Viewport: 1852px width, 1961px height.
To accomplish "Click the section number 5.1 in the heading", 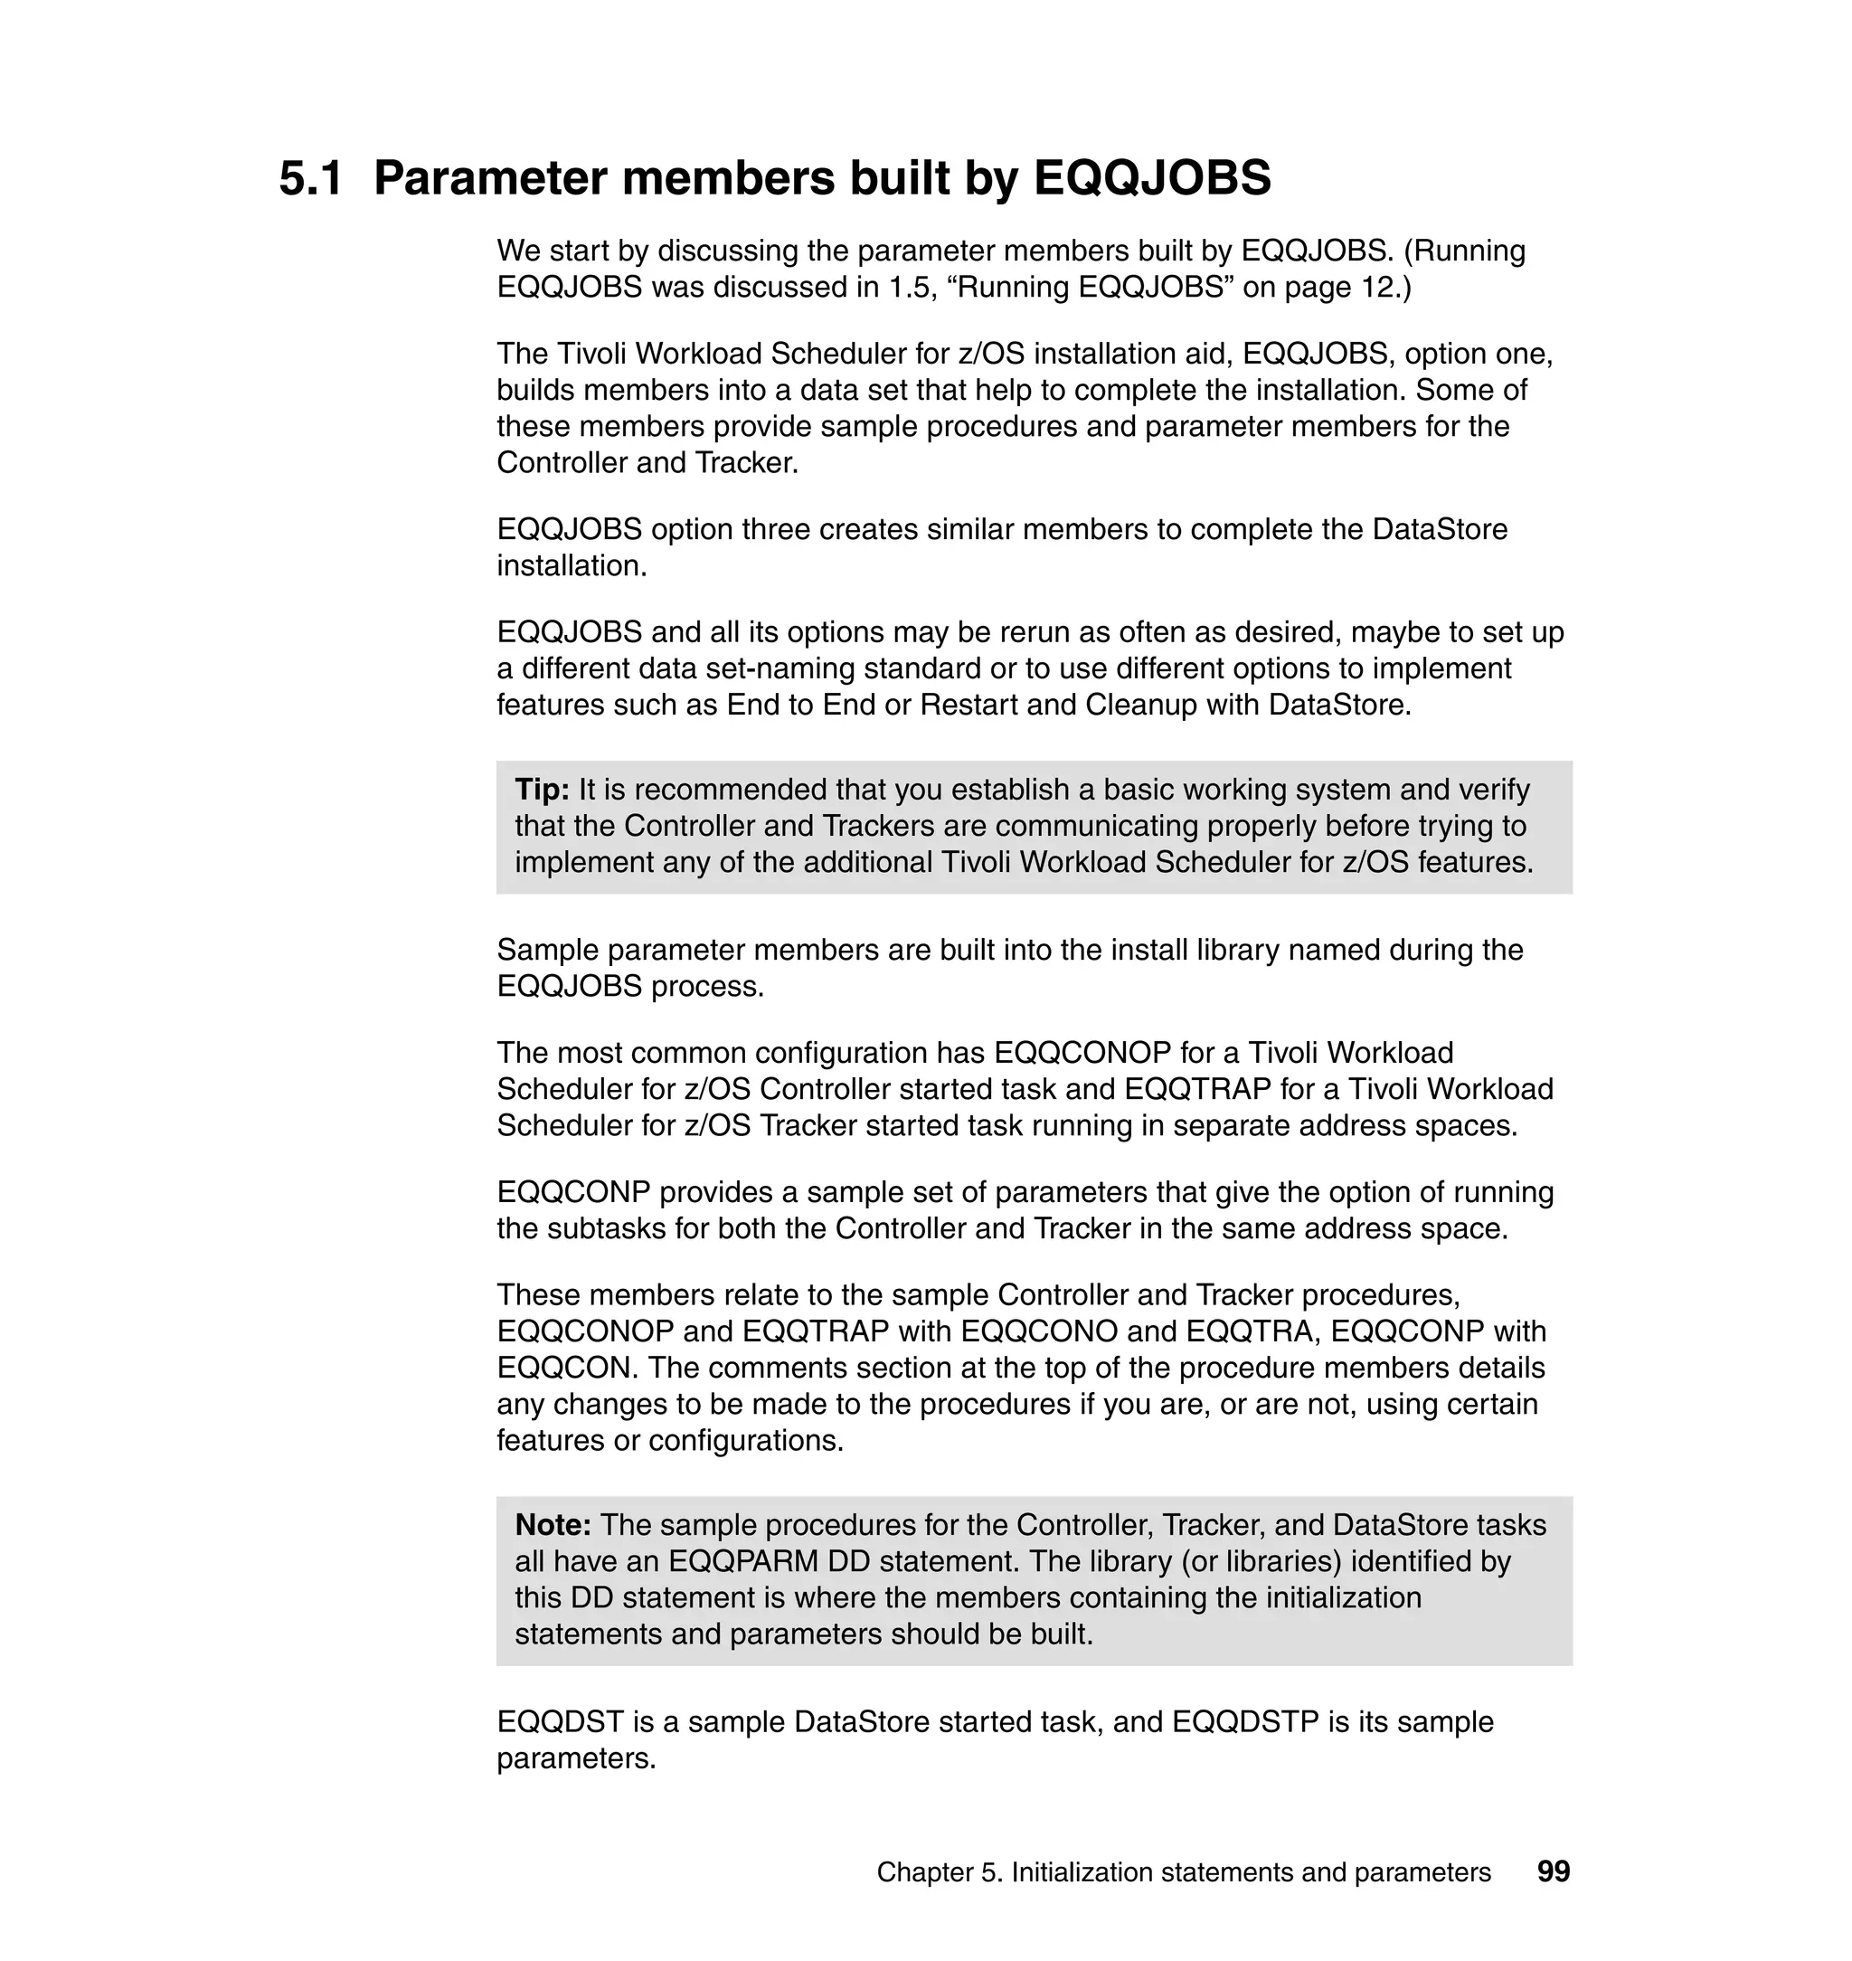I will tap(311, 179).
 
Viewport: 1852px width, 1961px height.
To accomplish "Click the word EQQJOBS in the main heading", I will tap(1152, 179).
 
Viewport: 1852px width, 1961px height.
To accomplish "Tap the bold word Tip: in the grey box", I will tap(542, 789).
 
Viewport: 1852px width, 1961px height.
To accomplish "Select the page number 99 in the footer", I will tap(1553, 1871).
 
